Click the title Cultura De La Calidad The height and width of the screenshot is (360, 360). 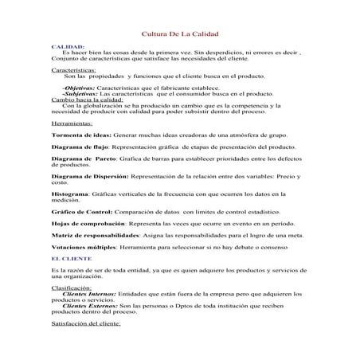click(179, 34)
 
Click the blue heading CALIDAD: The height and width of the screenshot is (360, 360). click(65, 48)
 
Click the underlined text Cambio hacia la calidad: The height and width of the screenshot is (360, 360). click(81, 100)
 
